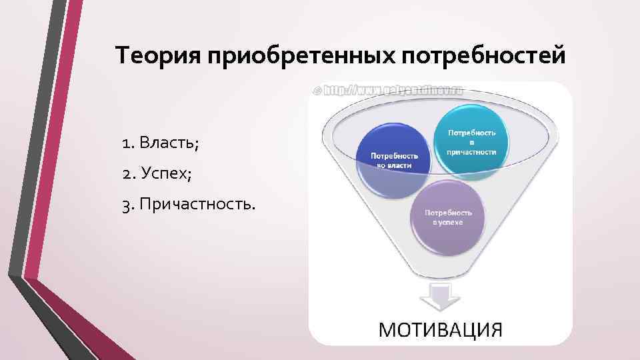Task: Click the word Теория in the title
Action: click(159, 55)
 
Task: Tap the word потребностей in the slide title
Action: click(483, 57)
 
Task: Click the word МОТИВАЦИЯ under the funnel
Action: click(441, 329)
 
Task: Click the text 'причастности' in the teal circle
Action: click(471, 151)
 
